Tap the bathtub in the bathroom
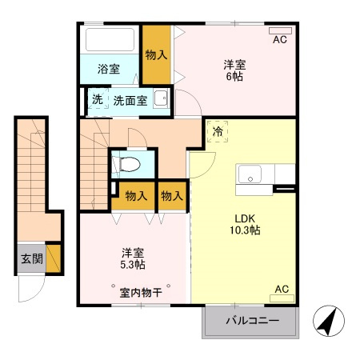point(111,39)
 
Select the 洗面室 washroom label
point(129,101)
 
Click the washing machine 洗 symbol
point(97,101)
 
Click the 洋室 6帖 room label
point(234,70)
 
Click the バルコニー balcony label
point(251,321)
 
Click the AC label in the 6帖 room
point(280,38)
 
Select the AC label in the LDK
point(282,290)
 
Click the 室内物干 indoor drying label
point(141,292)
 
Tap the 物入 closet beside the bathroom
point(156,54)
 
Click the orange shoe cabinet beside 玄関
point(54,258)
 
